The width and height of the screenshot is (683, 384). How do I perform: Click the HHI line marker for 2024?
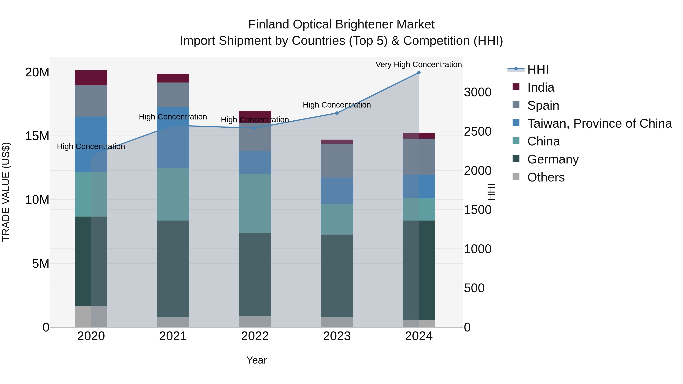(419, 73)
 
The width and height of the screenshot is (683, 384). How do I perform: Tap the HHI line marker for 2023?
(337, 113)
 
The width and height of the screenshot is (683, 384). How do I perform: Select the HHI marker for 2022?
(255, 128)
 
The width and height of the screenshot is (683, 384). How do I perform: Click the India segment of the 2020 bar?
(91, 78)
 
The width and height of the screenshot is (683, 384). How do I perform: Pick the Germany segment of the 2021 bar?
(173, 269)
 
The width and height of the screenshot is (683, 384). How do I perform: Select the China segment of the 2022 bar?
(255, 203)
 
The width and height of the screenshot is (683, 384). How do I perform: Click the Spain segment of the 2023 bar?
(337, 161)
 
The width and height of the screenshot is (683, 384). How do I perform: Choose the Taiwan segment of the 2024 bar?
(419, 187)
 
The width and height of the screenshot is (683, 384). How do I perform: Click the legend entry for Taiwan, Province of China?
(599, 123)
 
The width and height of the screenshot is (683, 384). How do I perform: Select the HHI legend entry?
(538, 69)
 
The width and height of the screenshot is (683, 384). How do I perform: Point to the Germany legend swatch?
(516, 159)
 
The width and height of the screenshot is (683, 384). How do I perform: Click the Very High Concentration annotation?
(419, 65)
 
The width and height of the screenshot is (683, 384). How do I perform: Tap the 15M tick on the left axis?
(37, 136)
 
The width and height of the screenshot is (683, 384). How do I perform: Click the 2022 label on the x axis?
(255, 336)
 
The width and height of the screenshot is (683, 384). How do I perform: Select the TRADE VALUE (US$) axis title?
(6, 192)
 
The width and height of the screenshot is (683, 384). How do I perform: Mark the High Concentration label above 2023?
(337, 105)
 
